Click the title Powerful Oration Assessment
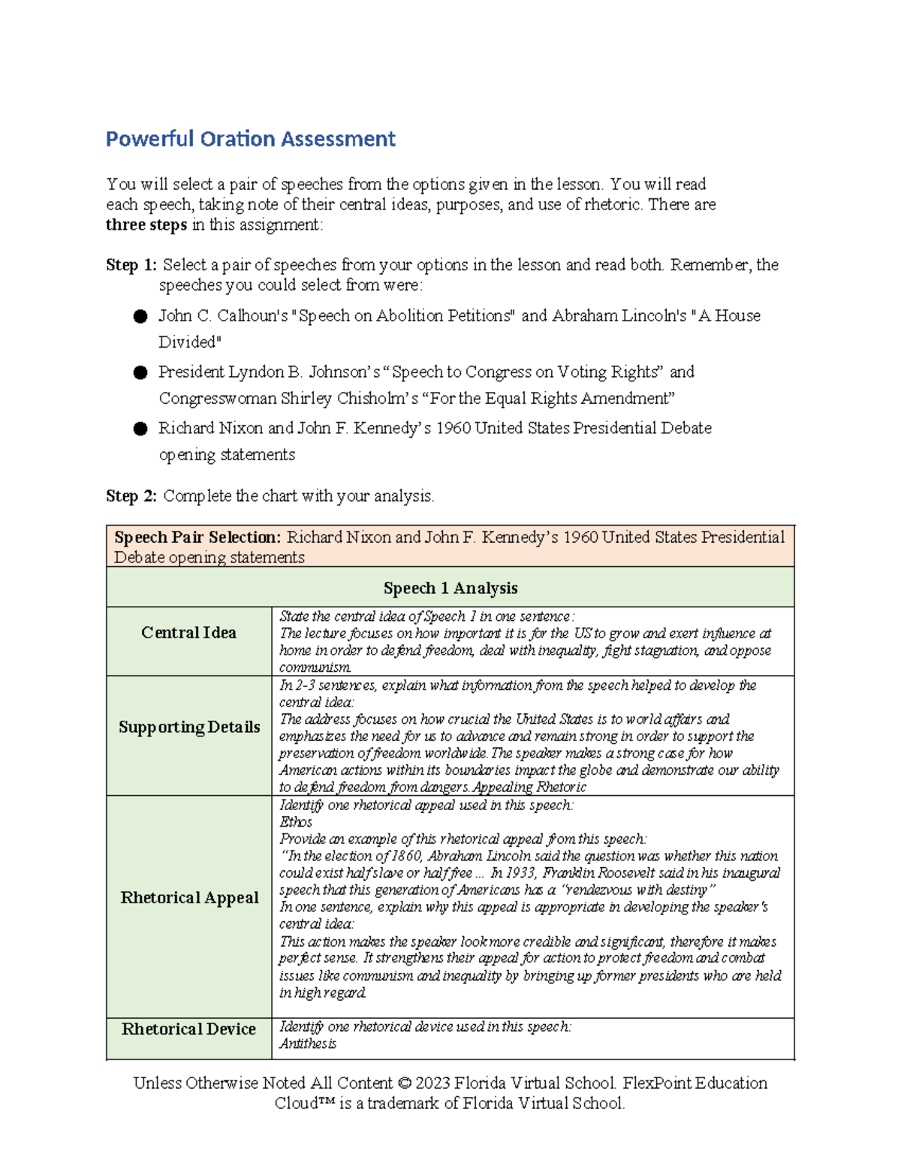point(250,139)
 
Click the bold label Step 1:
point(131,265)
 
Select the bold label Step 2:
point(131,496)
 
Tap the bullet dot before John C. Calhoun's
point(140,316)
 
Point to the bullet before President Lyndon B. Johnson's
point(140,372)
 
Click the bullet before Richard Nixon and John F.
point(140,429)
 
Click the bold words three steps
point(146,225)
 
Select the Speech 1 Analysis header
point(450,588)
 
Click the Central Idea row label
point(188,633)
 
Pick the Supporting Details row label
point(189,727)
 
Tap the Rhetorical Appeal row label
point(189,898)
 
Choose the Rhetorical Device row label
point(188,1029)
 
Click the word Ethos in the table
point(296,822)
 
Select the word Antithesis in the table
point(308,1044)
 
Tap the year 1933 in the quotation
point(521,873)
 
